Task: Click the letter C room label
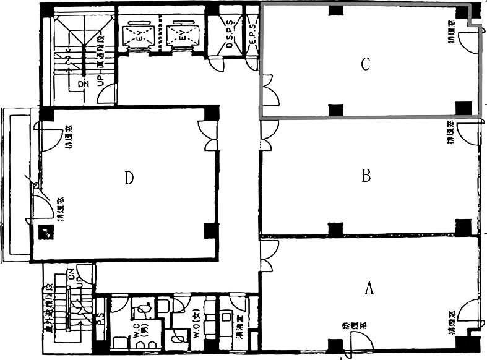click(x=366, y=64)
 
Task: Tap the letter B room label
click(x=366, y=176)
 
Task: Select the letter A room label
click(x=369, y=288)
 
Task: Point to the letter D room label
click(x=129, y=178)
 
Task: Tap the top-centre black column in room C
click(x=335, y=11)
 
